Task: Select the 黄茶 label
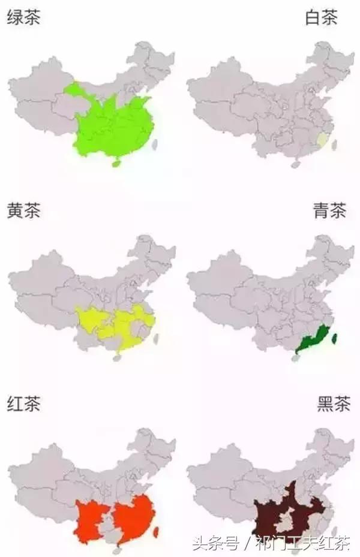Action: coord(23,211)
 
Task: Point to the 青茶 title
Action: coord(329,211)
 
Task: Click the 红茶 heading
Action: coord(23,405)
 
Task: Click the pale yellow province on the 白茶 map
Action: coord(322,140)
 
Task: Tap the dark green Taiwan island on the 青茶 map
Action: coord(334,339)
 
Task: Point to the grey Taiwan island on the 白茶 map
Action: coord(335,144)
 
